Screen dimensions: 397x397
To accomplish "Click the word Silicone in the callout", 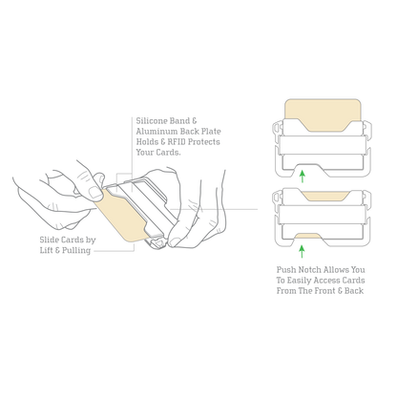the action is (x=152, y=121).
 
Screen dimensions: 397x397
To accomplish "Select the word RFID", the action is (x=176, y=142).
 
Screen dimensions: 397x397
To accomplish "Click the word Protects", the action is (x=203, y=142).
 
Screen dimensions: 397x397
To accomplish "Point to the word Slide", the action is (x=49, y=240).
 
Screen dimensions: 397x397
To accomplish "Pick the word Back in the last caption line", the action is (x=354, y=291).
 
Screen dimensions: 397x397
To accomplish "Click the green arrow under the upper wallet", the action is (x=303, y=177).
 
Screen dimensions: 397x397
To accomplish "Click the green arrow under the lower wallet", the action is (x=303, y=251).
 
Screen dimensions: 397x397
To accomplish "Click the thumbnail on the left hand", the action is (x=95, y=193).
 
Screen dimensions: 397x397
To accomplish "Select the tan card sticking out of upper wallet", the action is (x=323, y=115).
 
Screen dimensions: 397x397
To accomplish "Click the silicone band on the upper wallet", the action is (x=323, y=145).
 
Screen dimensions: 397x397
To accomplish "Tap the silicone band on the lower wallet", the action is (x=323, y=214).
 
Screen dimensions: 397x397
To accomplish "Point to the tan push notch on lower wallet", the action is (x=308, y=236).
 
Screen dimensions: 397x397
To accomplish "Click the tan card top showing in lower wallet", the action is (x=326, y=197).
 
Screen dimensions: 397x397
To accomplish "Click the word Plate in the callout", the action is (x=211, y=132).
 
